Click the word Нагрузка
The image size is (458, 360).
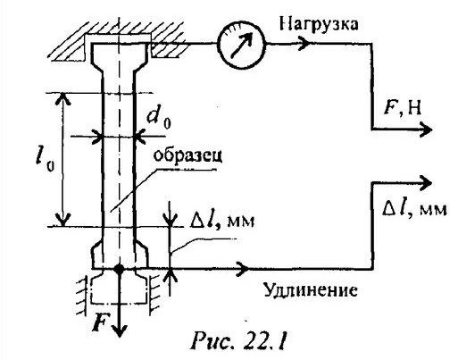pos(319,25)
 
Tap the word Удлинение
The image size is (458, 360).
pos(311,289)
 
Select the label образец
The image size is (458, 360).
pos(187,156)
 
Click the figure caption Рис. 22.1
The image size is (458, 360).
pos(239,339)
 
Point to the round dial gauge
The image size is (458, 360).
pos(241,45)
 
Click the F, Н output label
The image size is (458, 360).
pos(403,108)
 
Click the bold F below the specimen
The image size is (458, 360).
pos(100,322)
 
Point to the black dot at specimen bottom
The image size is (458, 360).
pos(120,269)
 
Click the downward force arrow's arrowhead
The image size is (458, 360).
pos(120,331)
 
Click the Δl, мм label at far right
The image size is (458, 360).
pos(414,208)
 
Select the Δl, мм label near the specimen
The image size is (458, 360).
pos(221,221)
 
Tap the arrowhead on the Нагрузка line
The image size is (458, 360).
pos(304,44)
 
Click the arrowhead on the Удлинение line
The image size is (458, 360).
pos(243,268)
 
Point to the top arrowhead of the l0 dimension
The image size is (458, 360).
pos(63,98)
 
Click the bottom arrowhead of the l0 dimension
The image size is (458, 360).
pos(63,221)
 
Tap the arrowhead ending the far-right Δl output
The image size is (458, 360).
pos(425,182)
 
